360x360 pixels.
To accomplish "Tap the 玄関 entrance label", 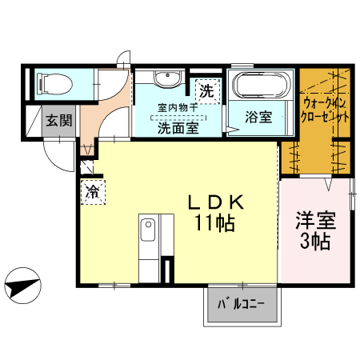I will tap(58, 121).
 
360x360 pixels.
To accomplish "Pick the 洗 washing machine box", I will tap(207, 91).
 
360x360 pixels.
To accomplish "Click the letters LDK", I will tap(215, 202).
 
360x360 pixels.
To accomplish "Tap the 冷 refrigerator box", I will tap(94, 192).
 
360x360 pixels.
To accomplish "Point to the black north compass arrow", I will tap(22, 284).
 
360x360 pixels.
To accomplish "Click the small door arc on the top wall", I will tap(122, 58).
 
